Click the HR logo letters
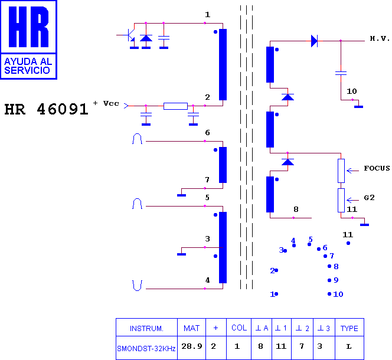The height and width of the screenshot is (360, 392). [x=28, y=28]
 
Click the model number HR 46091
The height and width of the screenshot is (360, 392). [x=46, y=110]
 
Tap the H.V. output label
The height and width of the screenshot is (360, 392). [x=380, y=38]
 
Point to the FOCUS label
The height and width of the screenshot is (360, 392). [x=377, y=168]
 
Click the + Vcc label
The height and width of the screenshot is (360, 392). [x=107, y=103]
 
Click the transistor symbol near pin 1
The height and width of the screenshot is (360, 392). [x=132, y=36]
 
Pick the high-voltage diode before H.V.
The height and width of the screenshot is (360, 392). [x=314, y=41]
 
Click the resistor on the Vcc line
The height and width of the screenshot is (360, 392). [x=175, y=106]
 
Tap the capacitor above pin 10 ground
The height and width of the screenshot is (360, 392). [x=341, y=73]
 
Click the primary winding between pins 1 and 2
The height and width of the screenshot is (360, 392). [x=223, y=65]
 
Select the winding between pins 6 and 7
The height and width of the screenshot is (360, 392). [x=223, y=165]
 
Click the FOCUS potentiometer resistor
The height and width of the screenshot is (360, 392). [x=341, y=170]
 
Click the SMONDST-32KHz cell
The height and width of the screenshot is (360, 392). [x=146, y=348]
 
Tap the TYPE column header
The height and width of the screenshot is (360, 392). [x=349, y=328]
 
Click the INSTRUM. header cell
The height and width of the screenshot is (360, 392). [x=146, y=328]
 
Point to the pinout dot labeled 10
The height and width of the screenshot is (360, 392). [x=329, y=294]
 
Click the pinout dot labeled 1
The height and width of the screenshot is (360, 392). [x=276, y=294]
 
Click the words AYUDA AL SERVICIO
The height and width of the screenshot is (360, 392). [x=28, y=66]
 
